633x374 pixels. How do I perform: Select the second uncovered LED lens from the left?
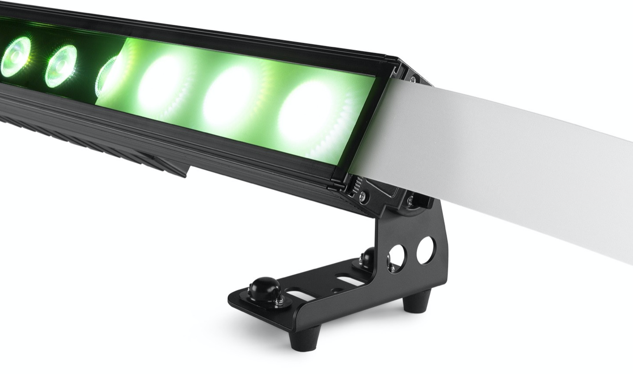coord(61,66)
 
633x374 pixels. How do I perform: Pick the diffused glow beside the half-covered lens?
coord(162,84)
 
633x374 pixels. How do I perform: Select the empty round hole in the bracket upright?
coord(425,250)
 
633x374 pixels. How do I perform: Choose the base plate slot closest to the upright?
coord(350,280)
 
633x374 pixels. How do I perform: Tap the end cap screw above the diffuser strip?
coord(413,79)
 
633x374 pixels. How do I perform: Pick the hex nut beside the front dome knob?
coord(279,302)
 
